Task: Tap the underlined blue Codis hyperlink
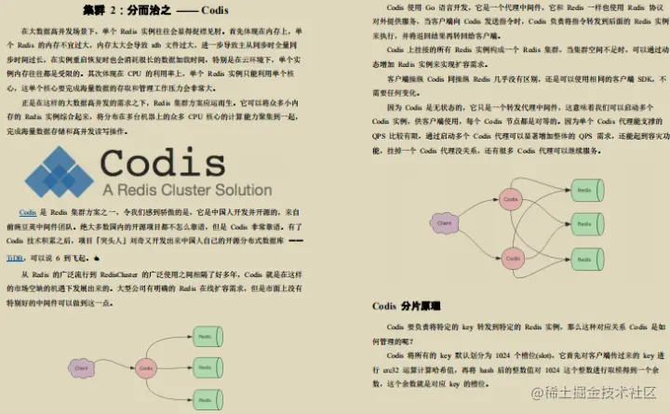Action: [x=28, y=212]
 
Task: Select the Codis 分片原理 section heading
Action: [x=407, y=305]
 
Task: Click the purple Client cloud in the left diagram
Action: [x=82, y=369]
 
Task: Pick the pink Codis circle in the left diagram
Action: [x=144, y=368]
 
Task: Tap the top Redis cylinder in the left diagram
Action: [x=207, y=335]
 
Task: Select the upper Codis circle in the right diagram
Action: [x=509, y=197]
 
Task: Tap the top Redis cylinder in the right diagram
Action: [x=584, y=191]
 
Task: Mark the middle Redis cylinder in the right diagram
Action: [x=584, y=227]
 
